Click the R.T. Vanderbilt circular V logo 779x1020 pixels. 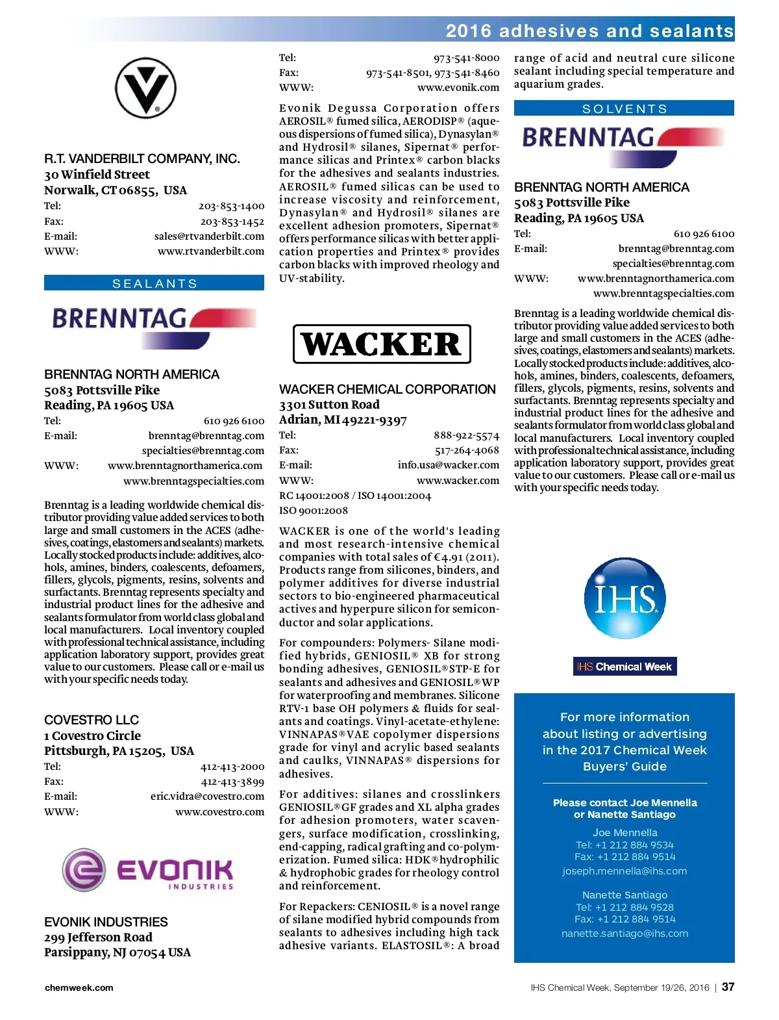click(145, 88)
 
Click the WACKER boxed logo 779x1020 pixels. click(382, 344)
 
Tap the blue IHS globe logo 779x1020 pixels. click(624, 598)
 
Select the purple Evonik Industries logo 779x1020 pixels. click(148, 869)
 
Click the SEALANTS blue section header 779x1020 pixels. click(154, 283)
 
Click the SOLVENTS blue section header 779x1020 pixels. click(624, 108)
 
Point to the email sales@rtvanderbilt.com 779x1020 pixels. click(209, 236)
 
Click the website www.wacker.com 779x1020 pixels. click(458, 481)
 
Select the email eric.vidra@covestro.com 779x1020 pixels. click(207, 797)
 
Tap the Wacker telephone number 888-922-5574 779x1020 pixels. click(466, 435)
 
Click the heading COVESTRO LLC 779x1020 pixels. click(92, 720)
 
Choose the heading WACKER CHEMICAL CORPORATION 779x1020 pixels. click(387, 389)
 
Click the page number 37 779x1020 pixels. click(728, 987)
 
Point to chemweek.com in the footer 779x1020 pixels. click(79, 988)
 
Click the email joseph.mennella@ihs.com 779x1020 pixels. click(624, 871)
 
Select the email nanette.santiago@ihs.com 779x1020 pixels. click(624, 934)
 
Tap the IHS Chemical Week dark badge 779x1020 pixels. click(624, 667)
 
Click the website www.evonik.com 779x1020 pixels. click(458, 88)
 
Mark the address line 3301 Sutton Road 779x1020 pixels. click(329, 405)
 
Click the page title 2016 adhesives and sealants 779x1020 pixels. click(589, 31)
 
